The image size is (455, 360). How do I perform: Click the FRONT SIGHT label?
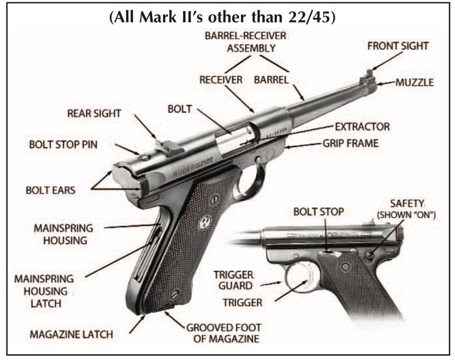click(398, 46)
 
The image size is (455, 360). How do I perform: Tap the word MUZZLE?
click(415, 83)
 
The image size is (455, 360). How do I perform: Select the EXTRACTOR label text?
click(362, 127)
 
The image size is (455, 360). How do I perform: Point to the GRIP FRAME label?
click(350, 143)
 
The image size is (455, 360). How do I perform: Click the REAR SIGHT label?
click(94, 113)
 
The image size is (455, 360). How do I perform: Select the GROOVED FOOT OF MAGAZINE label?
click(223, 333)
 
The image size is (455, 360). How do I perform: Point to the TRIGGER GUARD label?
click(233, 281)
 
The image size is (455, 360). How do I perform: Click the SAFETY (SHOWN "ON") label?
click(406, 209)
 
